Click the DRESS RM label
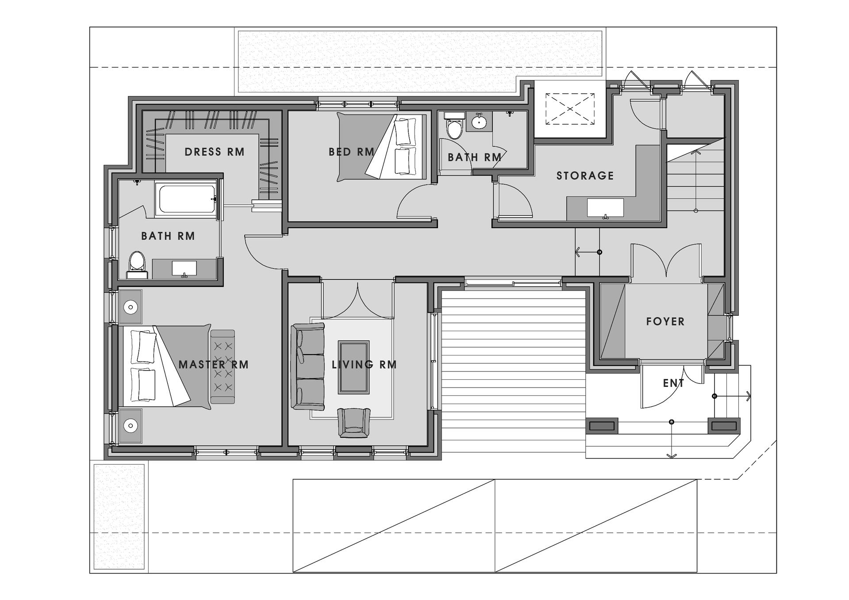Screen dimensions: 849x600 coord(215,152)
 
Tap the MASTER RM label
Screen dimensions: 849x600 coord(214,365)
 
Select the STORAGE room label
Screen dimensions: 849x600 coord(585,176)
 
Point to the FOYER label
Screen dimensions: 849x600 coord(665,321)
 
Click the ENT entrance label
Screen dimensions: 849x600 coord(673,383)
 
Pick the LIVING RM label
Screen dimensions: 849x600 coord(364,365)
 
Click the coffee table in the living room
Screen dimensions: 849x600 coord(353,367)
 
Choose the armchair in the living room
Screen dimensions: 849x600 coord(353,423)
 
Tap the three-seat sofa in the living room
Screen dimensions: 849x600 coord(308,367)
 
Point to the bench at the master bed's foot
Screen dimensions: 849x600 coord(223,367)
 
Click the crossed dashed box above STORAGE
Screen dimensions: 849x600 coord(570,109)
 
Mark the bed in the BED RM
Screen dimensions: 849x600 coord(382,147)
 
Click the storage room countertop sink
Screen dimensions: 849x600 coord(605,208)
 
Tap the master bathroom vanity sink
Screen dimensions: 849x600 coord(184,268)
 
